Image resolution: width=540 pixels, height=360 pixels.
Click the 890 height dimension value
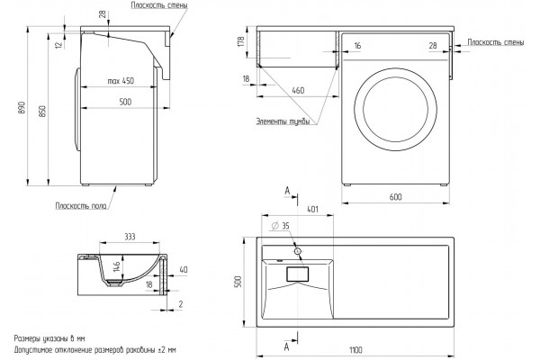coord(22,108)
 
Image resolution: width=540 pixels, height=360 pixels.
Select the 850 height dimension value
coord(42,111)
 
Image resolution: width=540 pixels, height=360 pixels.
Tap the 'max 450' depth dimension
coord(121,81)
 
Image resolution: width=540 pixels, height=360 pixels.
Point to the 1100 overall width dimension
coord(355,350)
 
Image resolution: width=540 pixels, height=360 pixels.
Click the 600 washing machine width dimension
coord(396,197)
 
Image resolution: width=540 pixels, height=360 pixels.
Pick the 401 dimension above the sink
coord(312,209)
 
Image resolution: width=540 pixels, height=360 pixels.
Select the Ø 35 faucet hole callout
coord(280,226)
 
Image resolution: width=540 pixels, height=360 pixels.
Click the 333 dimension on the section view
coord(130,237)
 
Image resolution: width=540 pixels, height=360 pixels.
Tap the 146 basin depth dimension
coord(116,266)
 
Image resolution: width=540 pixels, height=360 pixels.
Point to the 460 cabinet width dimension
coord(298,90)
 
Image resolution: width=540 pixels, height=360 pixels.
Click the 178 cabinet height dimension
coord(241,41)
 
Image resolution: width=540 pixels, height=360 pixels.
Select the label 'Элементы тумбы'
coord(283,121)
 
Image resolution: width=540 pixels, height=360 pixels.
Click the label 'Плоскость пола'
coord(81,206)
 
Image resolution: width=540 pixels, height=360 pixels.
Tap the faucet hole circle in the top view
coord(298,251)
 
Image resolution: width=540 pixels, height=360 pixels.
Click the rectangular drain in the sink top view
coord(298,274)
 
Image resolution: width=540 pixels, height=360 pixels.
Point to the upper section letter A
coord(287,191)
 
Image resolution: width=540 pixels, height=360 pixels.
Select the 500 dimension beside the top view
coord(240,282)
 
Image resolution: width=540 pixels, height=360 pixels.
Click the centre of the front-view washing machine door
coord(395,110)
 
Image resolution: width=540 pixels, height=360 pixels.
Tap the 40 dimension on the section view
coord(184,269)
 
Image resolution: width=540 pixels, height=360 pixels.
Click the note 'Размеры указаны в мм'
coord(49,338)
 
